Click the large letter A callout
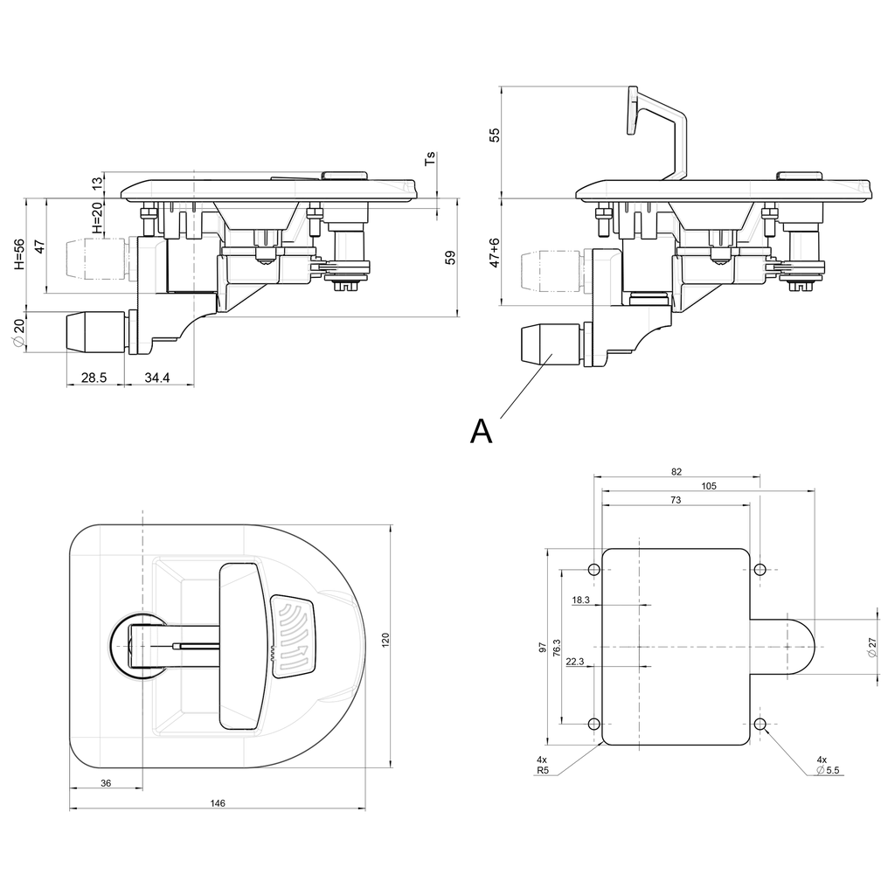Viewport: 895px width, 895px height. click(x=481, y=430)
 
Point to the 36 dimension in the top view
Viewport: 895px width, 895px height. click(x=106, y=783)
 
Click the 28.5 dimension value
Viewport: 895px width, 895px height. click(x=94, y=378)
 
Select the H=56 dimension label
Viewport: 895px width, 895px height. click(x=19, y=253)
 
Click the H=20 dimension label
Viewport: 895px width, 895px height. click(x=97, y=219)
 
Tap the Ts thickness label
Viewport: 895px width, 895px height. click(x=430, y=159)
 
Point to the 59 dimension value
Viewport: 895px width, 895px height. click(x=450, y=258)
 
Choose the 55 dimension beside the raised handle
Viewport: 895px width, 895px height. click(x=495, y=135)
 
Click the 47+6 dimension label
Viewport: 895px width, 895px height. click(x=495, y=253)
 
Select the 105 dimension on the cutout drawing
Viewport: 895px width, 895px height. click(x=708, y=486)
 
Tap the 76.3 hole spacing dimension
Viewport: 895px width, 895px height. click(x=557, y=648)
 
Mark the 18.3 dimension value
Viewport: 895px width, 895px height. click(x=580, y=600)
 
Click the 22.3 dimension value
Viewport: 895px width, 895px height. click(x=575, y=662)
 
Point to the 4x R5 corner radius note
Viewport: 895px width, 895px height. click(x=543, y=766)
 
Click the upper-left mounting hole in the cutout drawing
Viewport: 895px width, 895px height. click(x=594, y=570)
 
